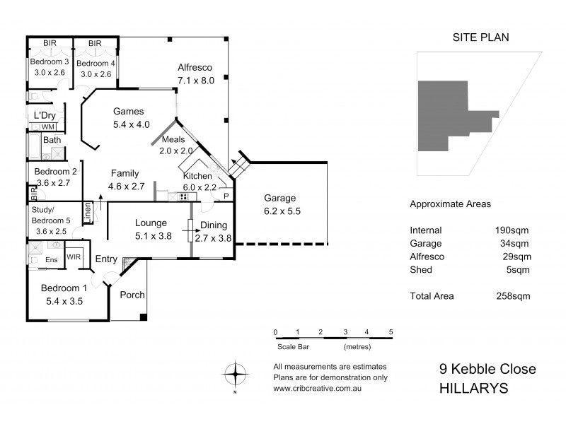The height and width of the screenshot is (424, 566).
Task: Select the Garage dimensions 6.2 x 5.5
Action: click(x=281, y=211)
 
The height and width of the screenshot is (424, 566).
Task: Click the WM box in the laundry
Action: click(x=47, y=126)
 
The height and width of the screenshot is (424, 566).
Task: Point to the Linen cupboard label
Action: click(x=88, y=213)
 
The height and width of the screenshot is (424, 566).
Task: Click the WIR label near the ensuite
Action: click(x=73, y=257)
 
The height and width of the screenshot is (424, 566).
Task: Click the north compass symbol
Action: click(x=235, y=372)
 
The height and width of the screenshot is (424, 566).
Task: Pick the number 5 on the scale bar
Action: click(x=391, y=331)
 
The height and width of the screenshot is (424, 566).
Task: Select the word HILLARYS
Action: click(x=473, y=388)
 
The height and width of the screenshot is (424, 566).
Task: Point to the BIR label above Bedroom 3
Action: click(x=50, y=44)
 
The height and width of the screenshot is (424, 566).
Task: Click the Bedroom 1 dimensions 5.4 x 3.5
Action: click(x=64, y=301)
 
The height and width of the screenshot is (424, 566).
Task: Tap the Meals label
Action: click(x=173, y=139)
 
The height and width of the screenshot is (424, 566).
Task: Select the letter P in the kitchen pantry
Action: click(x=226, y=196)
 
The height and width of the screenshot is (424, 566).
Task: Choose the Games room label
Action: click(x=128, y=112)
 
